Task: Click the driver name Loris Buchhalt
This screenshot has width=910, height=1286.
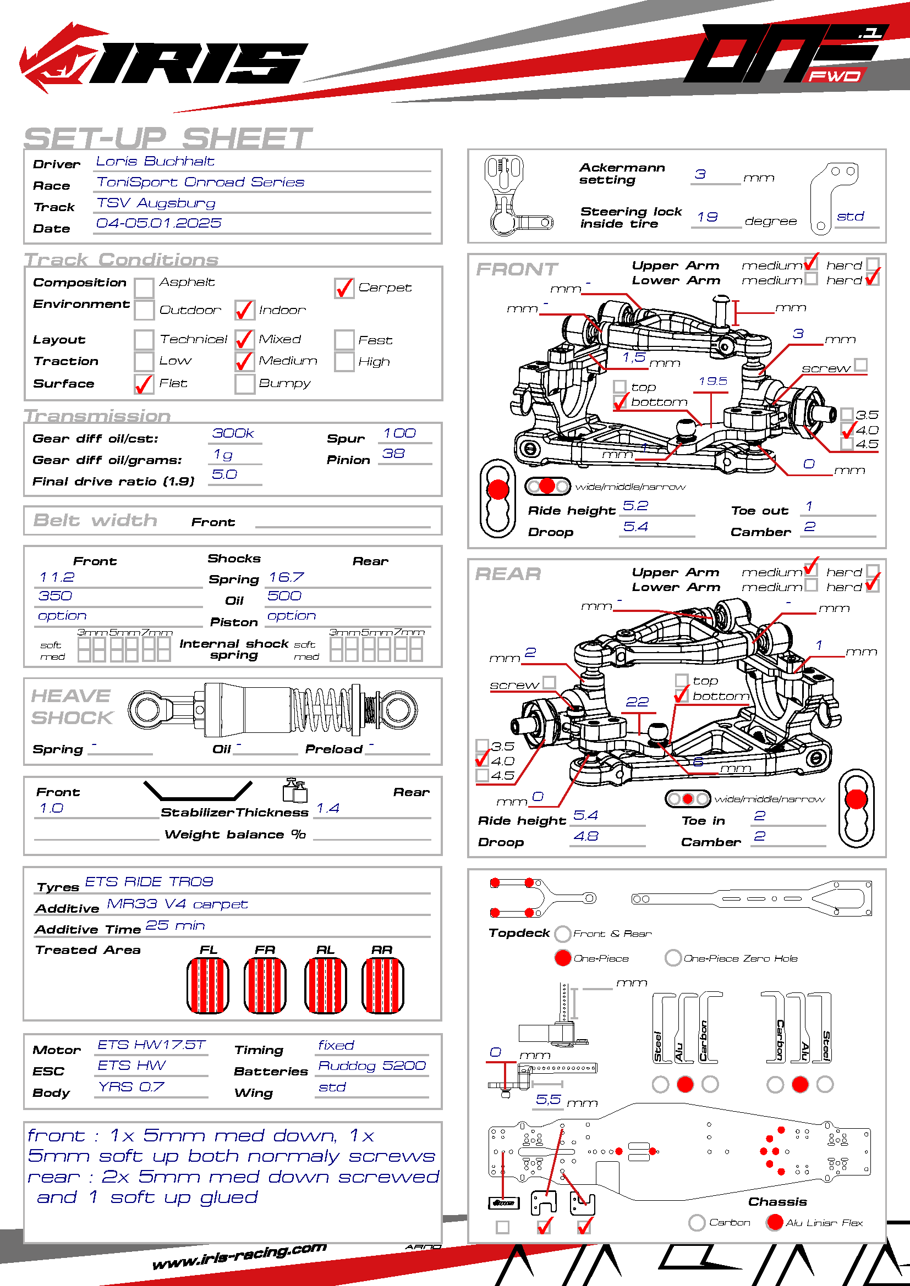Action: (x=155, y=162)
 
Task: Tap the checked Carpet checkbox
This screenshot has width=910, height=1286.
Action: (x=344, y=289)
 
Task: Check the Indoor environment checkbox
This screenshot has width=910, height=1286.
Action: (x=245, y=310)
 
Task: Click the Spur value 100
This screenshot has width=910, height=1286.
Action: (x=399, y=433)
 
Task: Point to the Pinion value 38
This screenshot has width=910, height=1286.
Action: (x=393, y=454)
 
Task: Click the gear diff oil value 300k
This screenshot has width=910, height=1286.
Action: (x=233, y=433)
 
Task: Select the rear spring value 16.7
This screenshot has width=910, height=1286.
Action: (x=286, y=577)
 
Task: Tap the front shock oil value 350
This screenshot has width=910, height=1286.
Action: (x=56, y=596)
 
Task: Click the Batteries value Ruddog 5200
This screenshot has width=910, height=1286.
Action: (x=372, y=1066)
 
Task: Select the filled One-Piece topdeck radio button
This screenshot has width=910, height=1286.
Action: (x=563, y=958)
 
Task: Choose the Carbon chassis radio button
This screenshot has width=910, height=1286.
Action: (x=697, y=1223)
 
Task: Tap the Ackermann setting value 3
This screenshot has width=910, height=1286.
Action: (x=700, y=175)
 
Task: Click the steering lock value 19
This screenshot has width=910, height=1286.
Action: (x=708, y=217)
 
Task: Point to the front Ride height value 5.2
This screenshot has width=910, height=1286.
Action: (x=635, y=506)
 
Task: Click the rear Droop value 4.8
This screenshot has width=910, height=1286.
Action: (x=586, y=837)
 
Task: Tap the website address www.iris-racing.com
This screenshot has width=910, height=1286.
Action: (x=239, y=1256)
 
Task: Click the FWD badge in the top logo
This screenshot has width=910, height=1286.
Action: (x=835, y=76)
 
